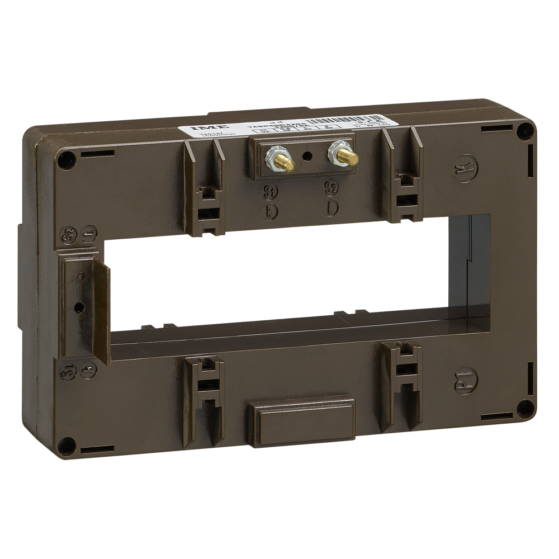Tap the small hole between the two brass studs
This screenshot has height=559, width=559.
pyautogui.click(x=306, y=156)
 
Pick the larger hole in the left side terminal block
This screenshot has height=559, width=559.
pyautogui.click(x=79, y=307)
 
